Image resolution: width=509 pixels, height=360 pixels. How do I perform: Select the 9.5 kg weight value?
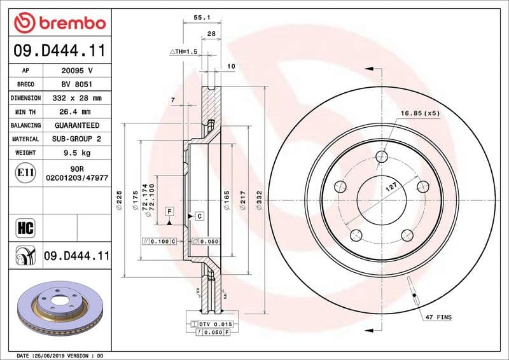(77, 153)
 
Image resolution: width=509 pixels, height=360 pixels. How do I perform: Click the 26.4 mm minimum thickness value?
(77, 112)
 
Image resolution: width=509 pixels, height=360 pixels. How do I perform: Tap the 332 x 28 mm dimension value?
(77, 98)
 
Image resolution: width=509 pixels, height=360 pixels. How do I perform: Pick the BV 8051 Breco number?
(77, 84)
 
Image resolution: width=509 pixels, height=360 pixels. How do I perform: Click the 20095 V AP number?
(77, 71)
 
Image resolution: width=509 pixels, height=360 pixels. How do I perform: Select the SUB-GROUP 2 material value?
(77, 139)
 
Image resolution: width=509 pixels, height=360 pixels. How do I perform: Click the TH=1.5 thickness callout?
(185, 51)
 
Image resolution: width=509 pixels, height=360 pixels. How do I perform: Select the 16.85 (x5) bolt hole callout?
(420, 113)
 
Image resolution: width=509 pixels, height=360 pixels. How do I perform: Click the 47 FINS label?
(438, 315)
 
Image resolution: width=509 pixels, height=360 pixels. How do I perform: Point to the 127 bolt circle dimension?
(391, 188)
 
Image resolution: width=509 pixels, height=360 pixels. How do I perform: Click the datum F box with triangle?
(170, 211)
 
